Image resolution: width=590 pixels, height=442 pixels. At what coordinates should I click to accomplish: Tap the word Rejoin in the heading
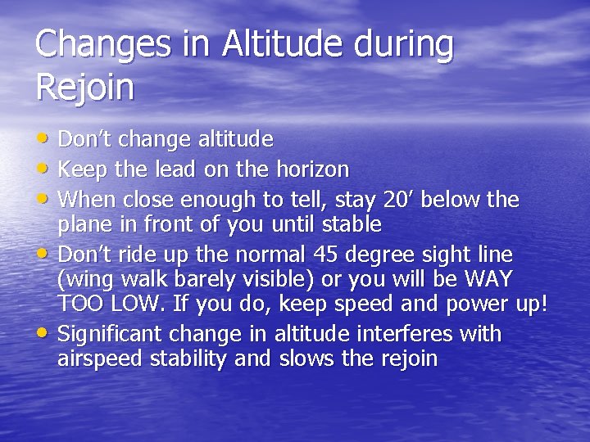click(84, 87)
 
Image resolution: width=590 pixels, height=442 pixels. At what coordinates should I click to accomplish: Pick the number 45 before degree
click(344, 255)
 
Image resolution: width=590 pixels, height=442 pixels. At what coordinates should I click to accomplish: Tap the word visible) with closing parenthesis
click(275, 279)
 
